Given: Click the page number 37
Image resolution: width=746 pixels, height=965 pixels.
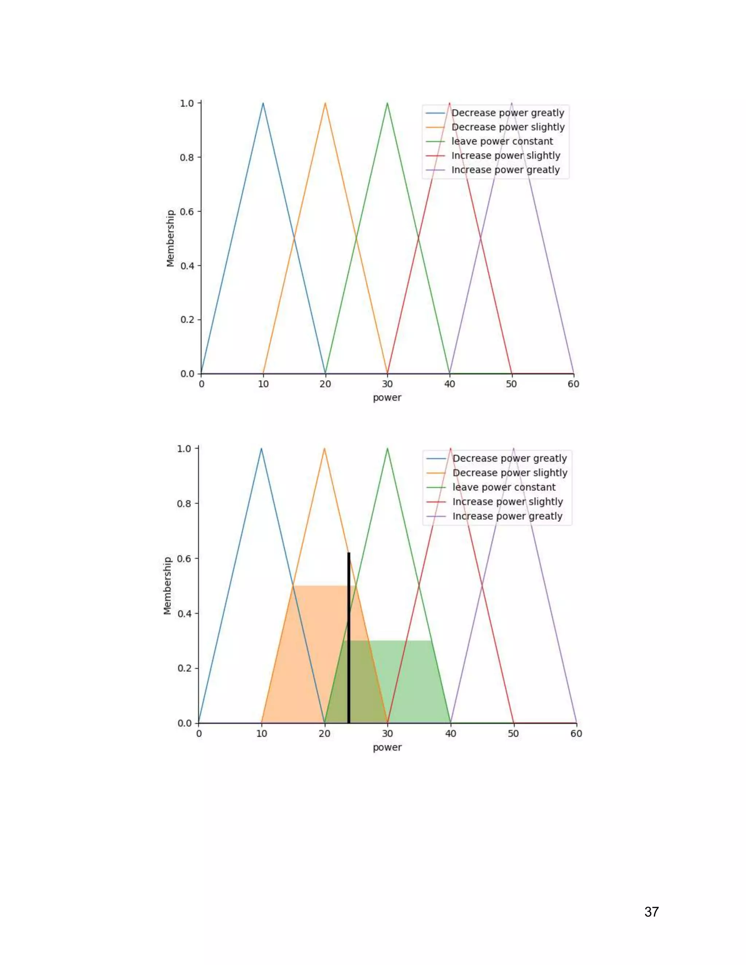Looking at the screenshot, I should pyautogui.click(x=651, y=911).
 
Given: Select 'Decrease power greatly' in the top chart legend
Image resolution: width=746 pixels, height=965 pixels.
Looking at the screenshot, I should pyautogui.click(x=507, y=113).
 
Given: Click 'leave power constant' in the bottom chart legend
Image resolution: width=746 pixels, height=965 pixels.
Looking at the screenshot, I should pyautogui.click(x=504, y=487).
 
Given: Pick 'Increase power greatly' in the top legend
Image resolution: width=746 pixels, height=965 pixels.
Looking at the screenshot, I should pyautogui.click(x=505, y=170).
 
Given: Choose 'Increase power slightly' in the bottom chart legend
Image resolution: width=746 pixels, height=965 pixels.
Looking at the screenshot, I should pyautogui.click(x=507, y=502).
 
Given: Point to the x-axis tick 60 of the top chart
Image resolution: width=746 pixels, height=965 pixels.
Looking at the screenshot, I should pyautogui.click(x=573, y=384).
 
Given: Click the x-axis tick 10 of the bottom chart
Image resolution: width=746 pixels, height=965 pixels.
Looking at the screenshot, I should pyautogui.click(x=262, y=733).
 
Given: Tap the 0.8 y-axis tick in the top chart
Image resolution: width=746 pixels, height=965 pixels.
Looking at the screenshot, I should pyautogui.click(x=187, y=157).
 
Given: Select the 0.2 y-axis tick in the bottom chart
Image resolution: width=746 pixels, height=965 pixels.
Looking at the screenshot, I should pyautogui.click(x=184, y=668).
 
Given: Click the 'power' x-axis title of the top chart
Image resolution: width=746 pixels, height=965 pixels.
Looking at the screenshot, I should pyautogui.click(x=387, y=398).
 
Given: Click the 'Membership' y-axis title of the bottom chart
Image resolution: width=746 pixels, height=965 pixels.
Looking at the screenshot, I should pyautogui.click(x=168, y=586).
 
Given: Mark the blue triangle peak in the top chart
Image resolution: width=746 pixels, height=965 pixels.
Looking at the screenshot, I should pyautogui.click(x=263, y=103).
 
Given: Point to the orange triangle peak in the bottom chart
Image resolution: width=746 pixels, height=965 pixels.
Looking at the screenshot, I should pyautogui.click(x=325, y=449).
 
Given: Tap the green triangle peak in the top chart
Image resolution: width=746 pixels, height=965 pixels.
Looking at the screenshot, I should pyautogui.click(x=387, y=103).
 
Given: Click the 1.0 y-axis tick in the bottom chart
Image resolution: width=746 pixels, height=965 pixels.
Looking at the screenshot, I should pyautogui.click(x=184, y=449).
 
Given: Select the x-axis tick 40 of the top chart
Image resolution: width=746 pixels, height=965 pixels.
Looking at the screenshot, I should pyautogui.click(x=449, y=384).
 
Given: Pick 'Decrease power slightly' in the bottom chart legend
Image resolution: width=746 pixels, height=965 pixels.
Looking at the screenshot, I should pyautogui.click(x=510, y=473).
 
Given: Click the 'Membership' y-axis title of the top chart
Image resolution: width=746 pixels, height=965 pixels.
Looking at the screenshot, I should pyautogui.click(x=170, y=238).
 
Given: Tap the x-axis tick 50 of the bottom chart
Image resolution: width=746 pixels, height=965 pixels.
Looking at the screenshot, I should pyautogui.click(x=513, y=733).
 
